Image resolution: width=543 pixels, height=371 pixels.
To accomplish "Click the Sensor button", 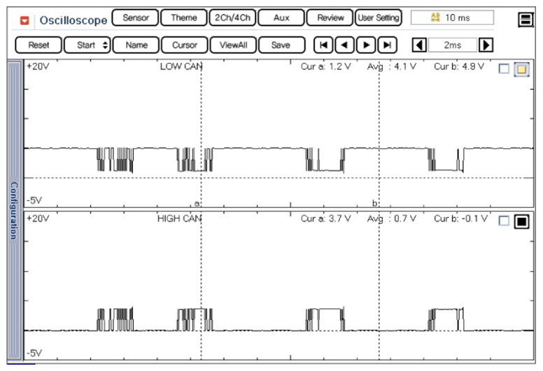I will pyautogui.click(x=135, y=18).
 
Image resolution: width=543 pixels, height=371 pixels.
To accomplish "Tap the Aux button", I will pyautogui.click(x=281, y=18).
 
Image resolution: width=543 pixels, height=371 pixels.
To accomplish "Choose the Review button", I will pyautogui.click(x=330, y=18).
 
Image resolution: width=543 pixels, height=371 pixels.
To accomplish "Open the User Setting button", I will pyautogui.click(x=378, y=18).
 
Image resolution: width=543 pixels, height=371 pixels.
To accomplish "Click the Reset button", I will pyautogui.click(x=38, y=45).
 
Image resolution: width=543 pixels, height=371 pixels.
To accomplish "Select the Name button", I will pyautogui.click(x=136, y=45).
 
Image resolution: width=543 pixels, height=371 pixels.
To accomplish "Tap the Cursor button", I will pyautogui.click(x=184, y=45).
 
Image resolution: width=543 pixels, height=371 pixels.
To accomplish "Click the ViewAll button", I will pyautogui.click(x=232, y=45).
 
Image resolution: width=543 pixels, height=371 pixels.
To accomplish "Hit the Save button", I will pyautogui.click(x=281, y=45).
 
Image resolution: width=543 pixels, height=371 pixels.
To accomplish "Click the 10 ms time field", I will pyautogui.click(x=452, y=18).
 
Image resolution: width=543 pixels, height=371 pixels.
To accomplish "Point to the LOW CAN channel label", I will pyautogui.click(x=181, y=67).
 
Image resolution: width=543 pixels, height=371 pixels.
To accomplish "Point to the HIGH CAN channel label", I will pyautogui.click(x=181, y=218).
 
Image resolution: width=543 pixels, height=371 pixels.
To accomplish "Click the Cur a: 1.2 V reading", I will pyautogui.click(x=325, y=67).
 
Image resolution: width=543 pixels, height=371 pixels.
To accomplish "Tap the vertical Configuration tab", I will pyautogui.click(x=13, y=211).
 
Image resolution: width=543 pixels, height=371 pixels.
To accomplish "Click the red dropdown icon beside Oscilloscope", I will pyautogui.click(x=25, y=20).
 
